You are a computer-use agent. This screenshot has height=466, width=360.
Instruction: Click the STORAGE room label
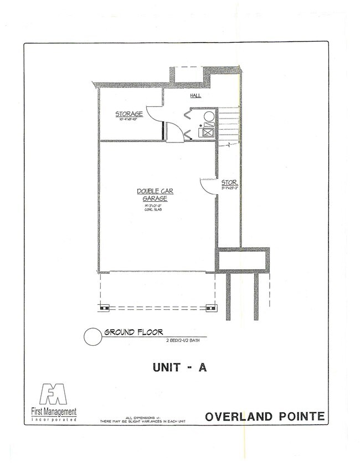click(x=129, y=114)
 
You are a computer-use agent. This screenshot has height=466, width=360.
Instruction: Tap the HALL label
click(x=196, y=96)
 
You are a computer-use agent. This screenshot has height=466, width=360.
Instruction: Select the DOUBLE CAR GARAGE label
click(x=155, y=194)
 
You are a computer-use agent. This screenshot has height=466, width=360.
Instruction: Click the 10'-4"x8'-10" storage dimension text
click(x=129, y=121)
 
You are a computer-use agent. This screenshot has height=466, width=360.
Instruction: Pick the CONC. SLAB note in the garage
click(x=155, y=210)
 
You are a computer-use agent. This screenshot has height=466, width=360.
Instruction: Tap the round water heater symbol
click(x=208, y=117)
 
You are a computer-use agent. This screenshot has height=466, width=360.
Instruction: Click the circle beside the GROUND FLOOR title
click(x=91, y=336)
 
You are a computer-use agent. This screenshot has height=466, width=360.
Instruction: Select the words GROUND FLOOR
click(x=133, y=332)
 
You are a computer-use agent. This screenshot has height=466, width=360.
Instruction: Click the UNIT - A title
click(x=179, y=367)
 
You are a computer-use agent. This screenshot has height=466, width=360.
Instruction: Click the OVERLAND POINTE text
click(x=265, y=417)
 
